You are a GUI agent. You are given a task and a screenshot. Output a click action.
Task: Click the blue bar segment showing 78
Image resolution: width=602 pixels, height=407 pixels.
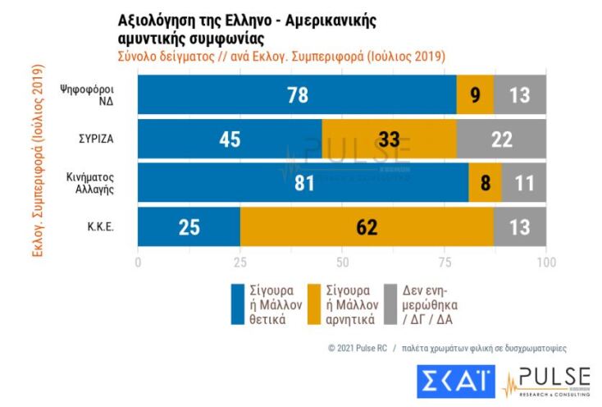tap(297, 94)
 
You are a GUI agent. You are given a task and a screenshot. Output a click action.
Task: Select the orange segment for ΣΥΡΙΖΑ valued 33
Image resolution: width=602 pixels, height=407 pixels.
tap(389, 139)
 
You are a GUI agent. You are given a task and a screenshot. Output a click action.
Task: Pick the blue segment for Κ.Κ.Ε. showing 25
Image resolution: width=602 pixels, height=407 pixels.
tap(189, 226)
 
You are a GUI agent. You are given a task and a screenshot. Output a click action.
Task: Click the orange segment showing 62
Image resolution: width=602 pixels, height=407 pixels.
tap(367, 226)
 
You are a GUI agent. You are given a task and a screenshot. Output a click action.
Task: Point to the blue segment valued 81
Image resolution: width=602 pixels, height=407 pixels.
tap(303, 182)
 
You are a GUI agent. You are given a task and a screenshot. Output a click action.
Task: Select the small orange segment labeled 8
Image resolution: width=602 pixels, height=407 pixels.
tap(485, 182)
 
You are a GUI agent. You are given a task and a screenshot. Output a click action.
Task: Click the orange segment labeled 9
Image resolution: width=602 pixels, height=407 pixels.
tap(475, 94)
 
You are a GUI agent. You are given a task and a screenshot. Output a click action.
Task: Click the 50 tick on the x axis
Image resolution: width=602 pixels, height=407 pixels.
tap(342, 263)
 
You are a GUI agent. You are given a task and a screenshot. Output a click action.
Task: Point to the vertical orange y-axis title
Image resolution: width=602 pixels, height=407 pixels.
tap(37, 165)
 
